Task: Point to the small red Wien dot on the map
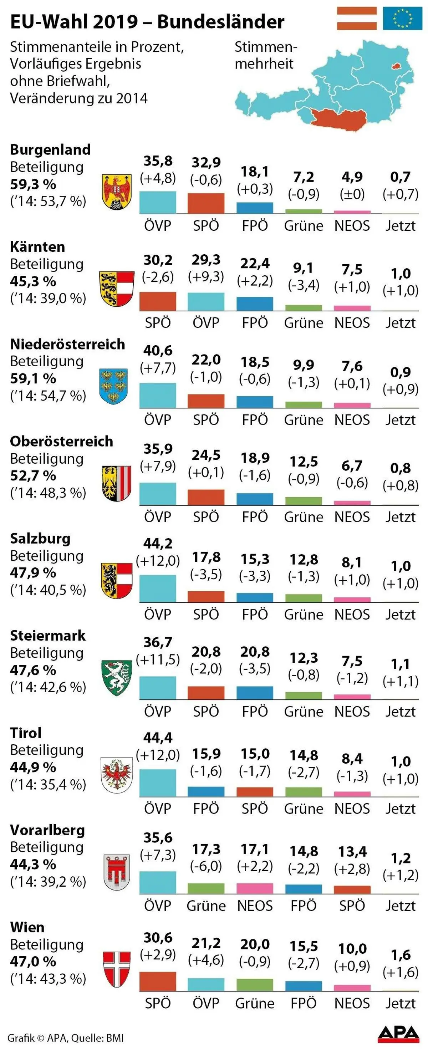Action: coord(395,65)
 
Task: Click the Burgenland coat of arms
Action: coord(117,192)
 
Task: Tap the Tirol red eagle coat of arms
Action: coord(117,775)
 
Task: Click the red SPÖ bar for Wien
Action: coord(158,981)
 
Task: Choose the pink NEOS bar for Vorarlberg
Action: coord(255,888)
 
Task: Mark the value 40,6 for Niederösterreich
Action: coord(158,351)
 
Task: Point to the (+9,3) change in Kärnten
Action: coord(206,277)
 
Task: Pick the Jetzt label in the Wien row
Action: coord(401,1003)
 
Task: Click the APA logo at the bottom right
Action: coord(398,1034)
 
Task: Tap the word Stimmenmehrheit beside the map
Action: coord(265,55)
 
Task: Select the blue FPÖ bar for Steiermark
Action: coord(255,693)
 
